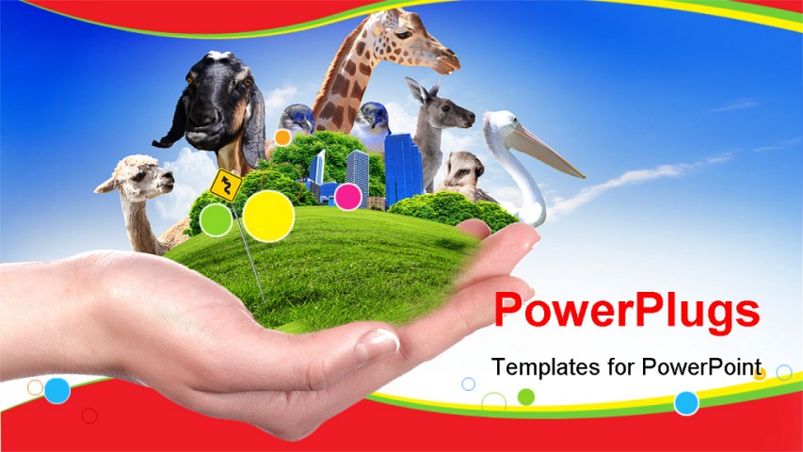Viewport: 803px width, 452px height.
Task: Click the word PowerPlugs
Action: coord(627,311)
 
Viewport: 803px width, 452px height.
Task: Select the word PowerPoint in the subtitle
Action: coord(701,367)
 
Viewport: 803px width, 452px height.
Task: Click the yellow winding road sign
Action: coord(226,185)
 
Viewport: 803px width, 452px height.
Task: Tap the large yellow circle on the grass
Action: coord(268,216)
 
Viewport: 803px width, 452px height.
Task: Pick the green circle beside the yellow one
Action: coord(216,219)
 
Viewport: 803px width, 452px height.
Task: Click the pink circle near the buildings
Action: coord(348,197)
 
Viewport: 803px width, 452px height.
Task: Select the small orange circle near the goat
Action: coord(282,137)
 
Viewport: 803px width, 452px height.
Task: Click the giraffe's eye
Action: coord(404,34)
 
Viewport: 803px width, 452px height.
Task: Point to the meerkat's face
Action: coord(464,169)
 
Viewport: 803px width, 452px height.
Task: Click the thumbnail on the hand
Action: coord(377,346)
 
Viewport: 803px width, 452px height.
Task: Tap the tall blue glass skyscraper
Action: coord(403,169)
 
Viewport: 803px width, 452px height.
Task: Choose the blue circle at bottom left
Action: coord(56,391)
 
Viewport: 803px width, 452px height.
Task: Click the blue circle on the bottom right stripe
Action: coord(686,403)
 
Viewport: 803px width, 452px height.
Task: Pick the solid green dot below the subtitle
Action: coord(526,396)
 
